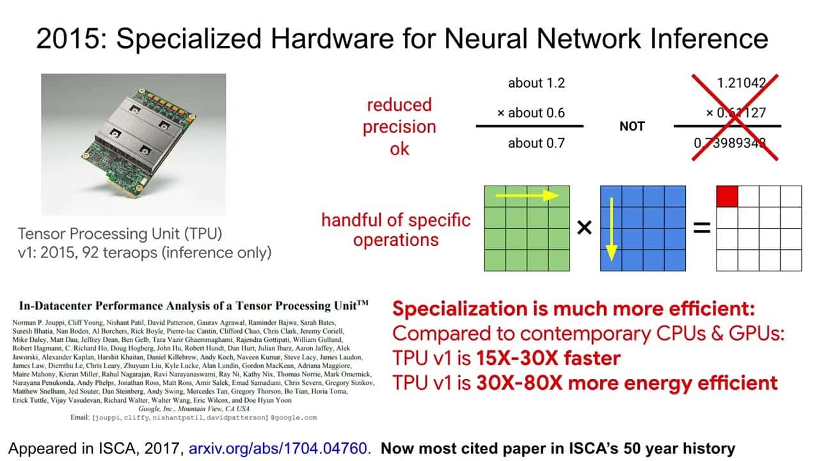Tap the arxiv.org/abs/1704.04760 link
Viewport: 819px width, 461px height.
click(x=278, y=448)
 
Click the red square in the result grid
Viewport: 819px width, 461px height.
click(x=727, y=197)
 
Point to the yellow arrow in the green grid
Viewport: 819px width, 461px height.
click(x=528, y=195)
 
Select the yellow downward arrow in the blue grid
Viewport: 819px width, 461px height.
click(x=611, y=229)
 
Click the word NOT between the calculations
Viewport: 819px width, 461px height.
click(x=632, y=126)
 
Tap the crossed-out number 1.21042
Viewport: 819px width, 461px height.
click(x=741, y=83)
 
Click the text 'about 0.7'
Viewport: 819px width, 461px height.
click(x=536, y=143)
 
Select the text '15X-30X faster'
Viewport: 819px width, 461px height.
click(x=548, y=358)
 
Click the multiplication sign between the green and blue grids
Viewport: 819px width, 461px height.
click(x=584, y=227)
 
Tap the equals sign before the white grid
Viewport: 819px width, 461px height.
click(x=702, y=228)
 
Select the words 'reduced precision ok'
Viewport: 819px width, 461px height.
click(x=399, y=127)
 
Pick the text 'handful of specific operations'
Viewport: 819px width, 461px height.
click(x=396, y=230)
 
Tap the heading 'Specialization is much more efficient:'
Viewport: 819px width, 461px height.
click(x=574, y=309)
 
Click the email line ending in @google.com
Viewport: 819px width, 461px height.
click(x=194, y=417)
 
